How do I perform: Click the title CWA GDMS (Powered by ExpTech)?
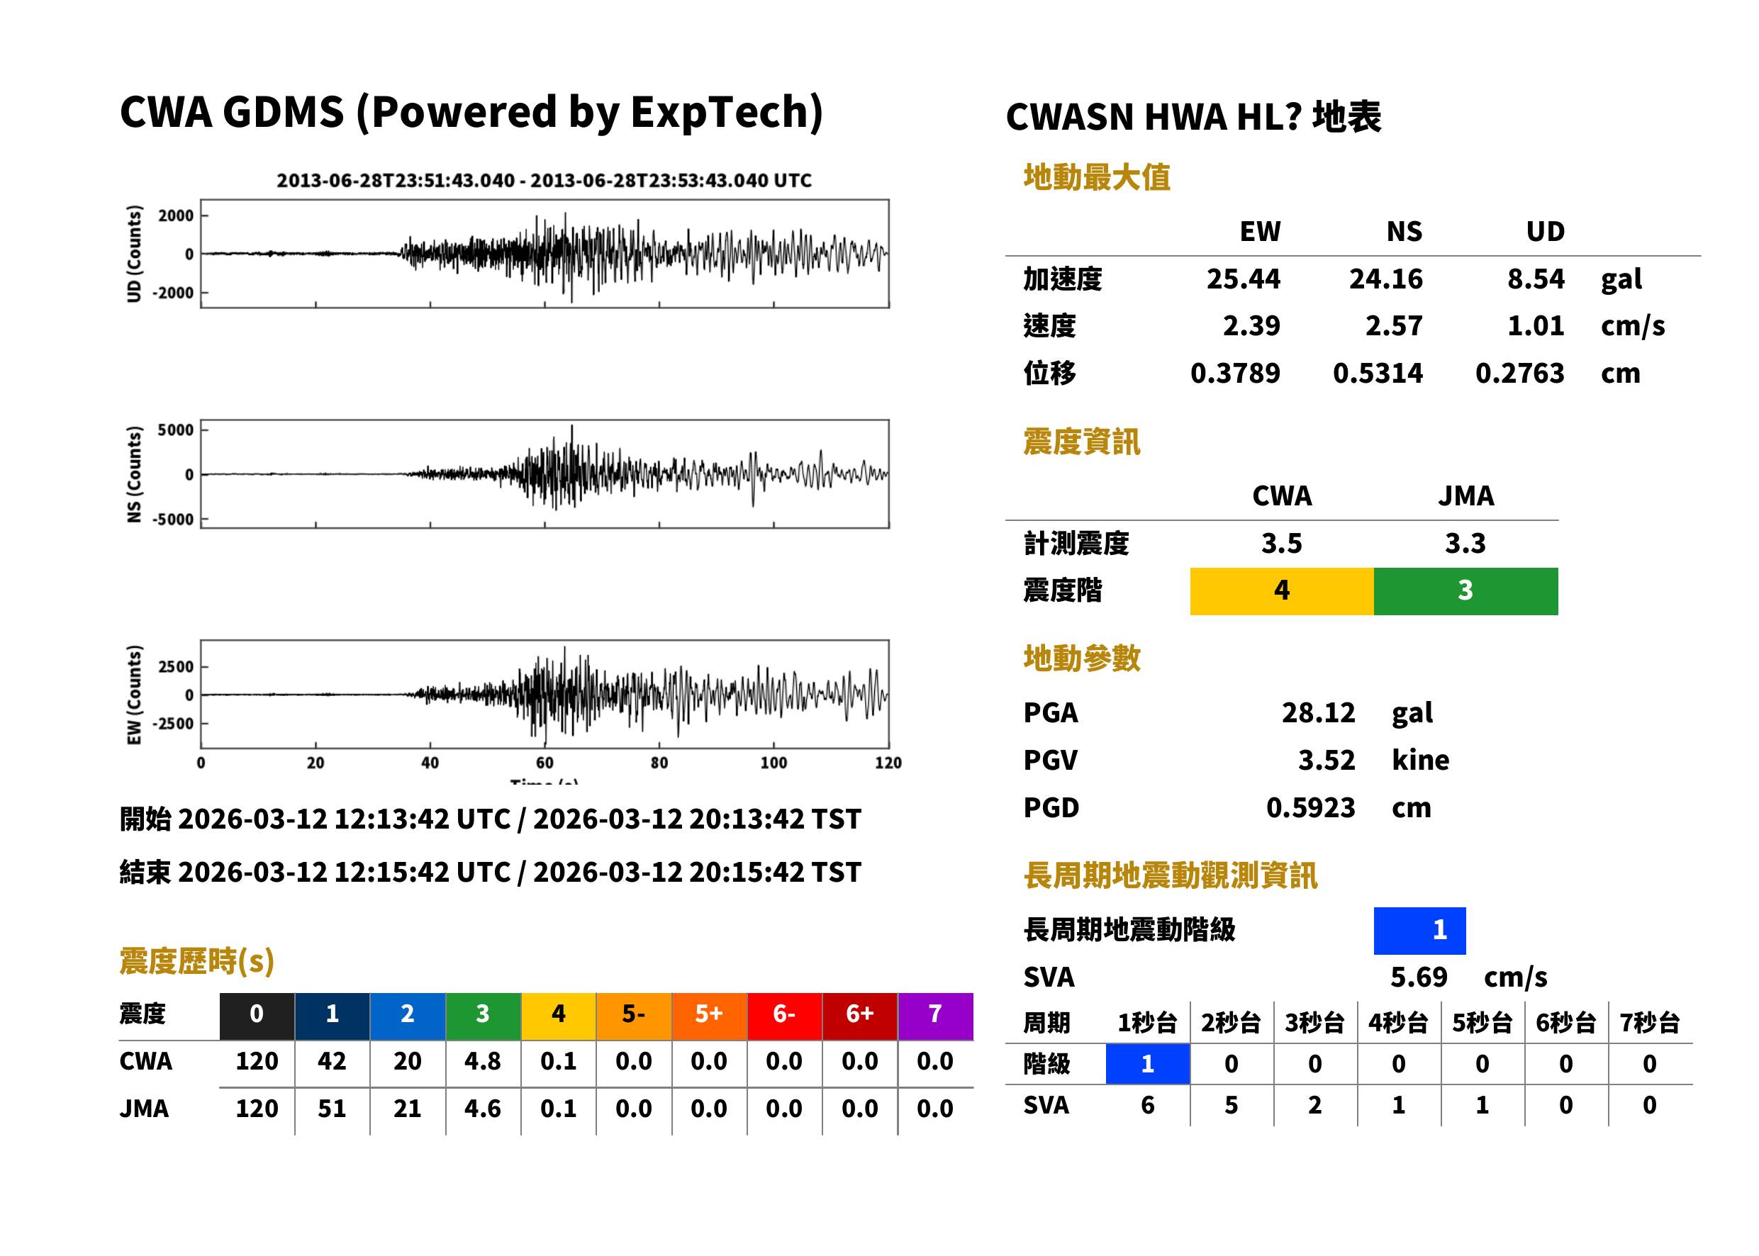(471, 112)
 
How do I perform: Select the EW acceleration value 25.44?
(1243, 279)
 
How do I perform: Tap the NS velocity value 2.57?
(1393, 325)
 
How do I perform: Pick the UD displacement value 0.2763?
(1519, 374)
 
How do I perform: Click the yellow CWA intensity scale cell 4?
(1282, 591)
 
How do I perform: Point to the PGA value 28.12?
(1318, 712)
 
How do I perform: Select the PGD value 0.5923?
(1310, 807)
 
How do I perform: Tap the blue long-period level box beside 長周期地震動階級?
(1419, 931)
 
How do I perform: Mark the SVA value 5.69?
(1419, 977)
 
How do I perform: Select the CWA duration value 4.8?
(483, 1061)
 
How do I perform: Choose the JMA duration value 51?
(332, 1109)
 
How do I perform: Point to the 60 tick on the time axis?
(545, 763)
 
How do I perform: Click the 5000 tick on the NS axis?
(176, 430)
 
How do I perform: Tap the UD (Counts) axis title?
(134, 254)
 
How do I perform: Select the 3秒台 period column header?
(1314, 1024)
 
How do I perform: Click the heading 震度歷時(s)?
(196, 961)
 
